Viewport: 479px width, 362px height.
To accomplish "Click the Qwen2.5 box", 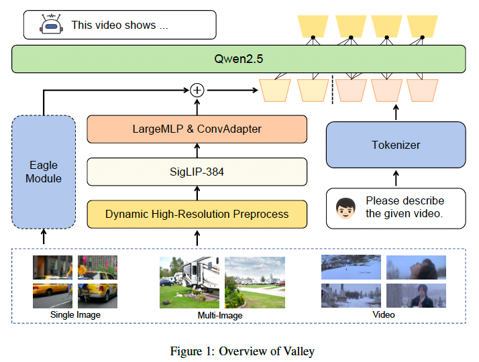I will pyautogui.click(x=238, y=59).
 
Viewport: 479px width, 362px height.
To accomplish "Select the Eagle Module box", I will pyautogui.click(x=43, y=172).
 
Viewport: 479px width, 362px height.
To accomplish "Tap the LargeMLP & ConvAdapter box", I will pyautogui.click(x=197, y=129).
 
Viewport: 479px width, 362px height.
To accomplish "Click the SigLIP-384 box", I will pyautogui.click(x=197, y=172).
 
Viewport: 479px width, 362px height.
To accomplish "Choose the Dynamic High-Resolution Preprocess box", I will pyautogui.click(x=197, y=215).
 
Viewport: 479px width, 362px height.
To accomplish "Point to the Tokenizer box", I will pyautogui.click(x=395, y=145).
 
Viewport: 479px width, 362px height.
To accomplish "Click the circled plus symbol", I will pyautogui.click(x=197, y=89).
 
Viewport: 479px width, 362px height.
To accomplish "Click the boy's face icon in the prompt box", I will pyautogui.click(x=346, y=206).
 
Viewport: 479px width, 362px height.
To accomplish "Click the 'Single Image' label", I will pyautogui.click(x=75, y=314).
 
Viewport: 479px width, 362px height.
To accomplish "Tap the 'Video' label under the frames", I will pyautogui.click(x=384, y=314).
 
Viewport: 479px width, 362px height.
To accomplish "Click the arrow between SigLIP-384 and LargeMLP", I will pyautogui.click(x=197, y=150).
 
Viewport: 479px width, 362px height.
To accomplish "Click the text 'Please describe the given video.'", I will pyautogui.click(x=405, y=207).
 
